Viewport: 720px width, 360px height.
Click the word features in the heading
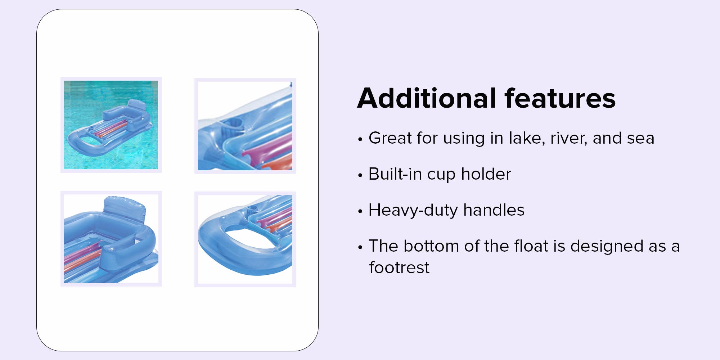point(560,98)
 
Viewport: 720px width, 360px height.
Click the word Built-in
point(395,174)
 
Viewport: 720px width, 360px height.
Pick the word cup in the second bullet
point(441,176)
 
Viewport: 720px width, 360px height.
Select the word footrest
point(399,267)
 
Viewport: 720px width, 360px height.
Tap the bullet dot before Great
point(360,139)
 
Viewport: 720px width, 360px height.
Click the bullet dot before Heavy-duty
point(360,211)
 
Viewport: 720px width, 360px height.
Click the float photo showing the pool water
point(111,125)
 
